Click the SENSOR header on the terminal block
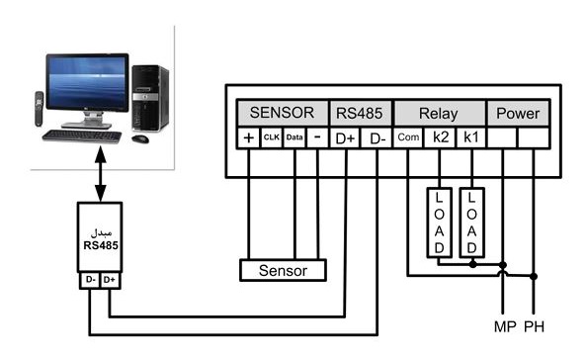pyautogui.click(x=282, y=113)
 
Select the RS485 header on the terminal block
pyautogui.click(x=360, y=113)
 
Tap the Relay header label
pyautogui.click(x=439, y=113)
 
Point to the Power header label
pyautogui.click(x=518, y=113)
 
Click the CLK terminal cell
pyautogui.click(x=272, y=137)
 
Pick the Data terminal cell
pyautogui.click(x=294, y=137)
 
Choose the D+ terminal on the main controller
pyautogui.click(x=345, y=138)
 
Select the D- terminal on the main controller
pyautogui.click(x=377, y=138)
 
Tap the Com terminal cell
pyautogui.click(x=408, y=137)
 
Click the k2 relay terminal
pyautogui.click(x=441, y=137)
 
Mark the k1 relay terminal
pyautogui.click(x=471, y=137)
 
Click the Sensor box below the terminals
pyautogui.click(x=283, y=270)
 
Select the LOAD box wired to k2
pyautogui.click(x=440, y=223)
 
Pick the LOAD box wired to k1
pyautogui.click(x=472, y=223)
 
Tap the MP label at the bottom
pyautogui.click(x=505, y=326)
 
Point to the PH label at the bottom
pyautogui.click(x=534, y=326)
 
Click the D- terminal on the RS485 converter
pyautogui.click(x=90, y=280)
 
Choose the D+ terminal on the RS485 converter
pyautogui.click(x=110, y=280)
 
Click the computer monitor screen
pyautogui.click(x=87, y=82)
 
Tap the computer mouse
pyautogui.click(x=140, y=139)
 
